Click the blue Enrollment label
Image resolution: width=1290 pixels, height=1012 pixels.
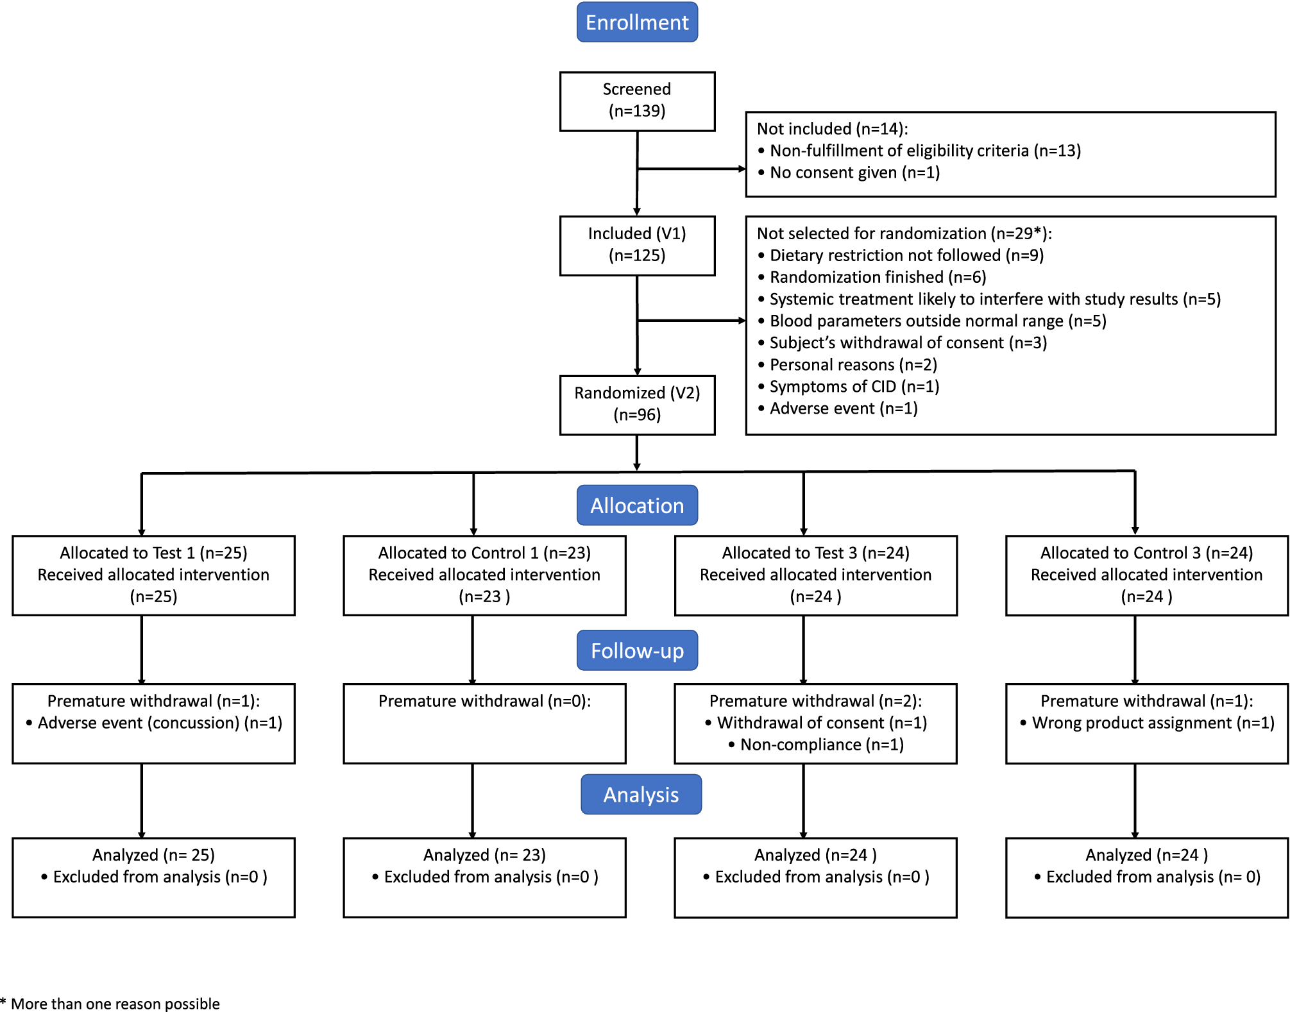pos(637,22)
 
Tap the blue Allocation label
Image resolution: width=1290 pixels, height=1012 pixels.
pos(637,505)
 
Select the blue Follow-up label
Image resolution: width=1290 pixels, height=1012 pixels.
pos(637,650)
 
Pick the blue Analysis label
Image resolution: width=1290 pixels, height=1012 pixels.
pos(641,795)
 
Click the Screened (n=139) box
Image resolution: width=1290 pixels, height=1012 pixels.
pos(637,101)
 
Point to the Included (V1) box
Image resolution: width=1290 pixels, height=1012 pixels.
pos(637,245)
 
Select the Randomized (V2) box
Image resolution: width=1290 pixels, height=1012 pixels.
pos(637,405)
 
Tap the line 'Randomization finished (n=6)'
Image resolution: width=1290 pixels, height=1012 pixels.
pos(877,277)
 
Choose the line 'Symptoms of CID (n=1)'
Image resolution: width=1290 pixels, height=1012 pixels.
pos(854,387)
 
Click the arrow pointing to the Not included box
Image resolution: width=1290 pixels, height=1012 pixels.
pos(738,169)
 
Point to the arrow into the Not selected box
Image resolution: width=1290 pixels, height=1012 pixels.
pos(738,321)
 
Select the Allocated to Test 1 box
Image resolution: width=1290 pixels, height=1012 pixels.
pos(153,575)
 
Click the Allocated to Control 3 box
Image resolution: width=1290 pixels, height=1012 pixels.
pos(1146,575)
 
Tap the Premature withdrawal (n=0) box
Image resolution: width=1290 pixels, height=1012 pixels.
pos(484,723)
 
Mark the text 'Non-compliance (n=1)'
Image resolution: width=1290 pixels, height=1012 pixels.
pos(821,745)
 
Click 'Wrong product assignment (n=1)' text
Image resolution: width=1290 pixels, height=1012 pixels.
pos(1153,723)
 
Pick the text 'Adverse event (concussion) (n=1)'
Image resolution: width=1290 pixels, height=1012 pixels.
pos(160,723)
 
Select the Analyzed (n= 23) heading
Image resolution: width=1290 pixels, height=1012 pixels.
pos(484,855)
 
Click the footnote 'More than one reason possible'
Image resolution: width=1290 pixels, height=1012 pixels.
pos(115,1004)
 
